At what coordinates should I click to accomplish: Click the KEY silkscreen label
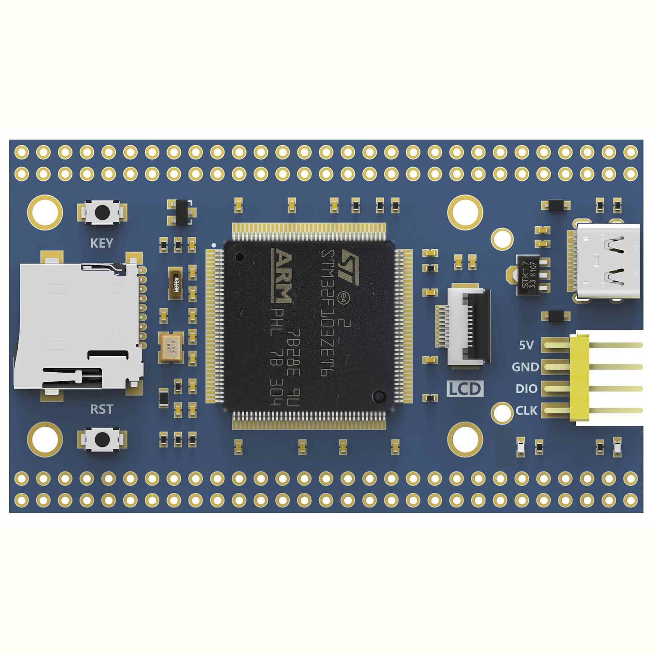[x=101, y=243]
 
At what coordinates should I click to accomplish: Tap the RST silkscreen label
[x=101, y=409]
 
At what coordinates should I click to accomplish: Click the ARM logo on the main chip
[x=281, y=276]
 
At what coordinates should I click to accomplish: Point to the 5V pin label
[x=526, y=345]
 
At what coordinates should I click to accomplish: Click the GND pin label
[x=525, y=367]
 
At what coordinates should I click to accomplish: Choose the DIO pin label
[x=526, y=389]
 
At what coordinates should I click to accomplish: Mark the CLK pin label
[x=526, y=410]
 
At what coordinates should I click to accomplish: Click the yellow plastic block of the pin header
[x=579, y=378]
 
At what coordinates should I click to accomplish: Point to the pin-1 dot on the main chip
[x=240, y=257]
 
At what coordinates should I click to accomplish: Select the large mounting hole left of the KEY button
[x=45, y=212]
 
